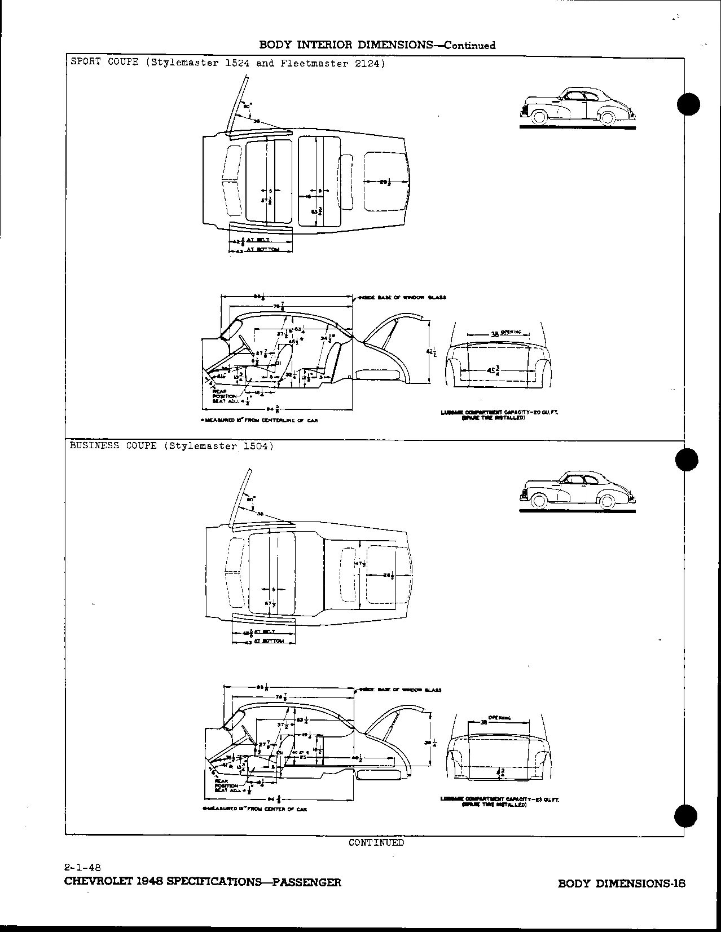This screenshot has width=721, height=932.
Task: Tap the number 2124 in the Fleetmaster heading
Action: (x=368, y=64)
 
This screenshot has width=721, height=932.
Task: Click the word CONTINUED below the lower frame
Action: (x=376, y=842)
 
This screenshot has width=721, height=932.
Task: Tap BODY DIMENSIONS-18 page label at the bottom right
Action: (x=621, y=884)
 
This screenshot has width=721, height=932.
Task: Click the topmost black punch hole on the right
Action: (x=688, y=104)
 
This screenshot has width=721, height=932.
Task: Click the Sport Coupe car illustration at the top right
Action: (x=578, y=107)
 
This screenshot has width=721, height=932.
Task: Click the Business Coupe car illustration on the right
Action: (x=579, y=489)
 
